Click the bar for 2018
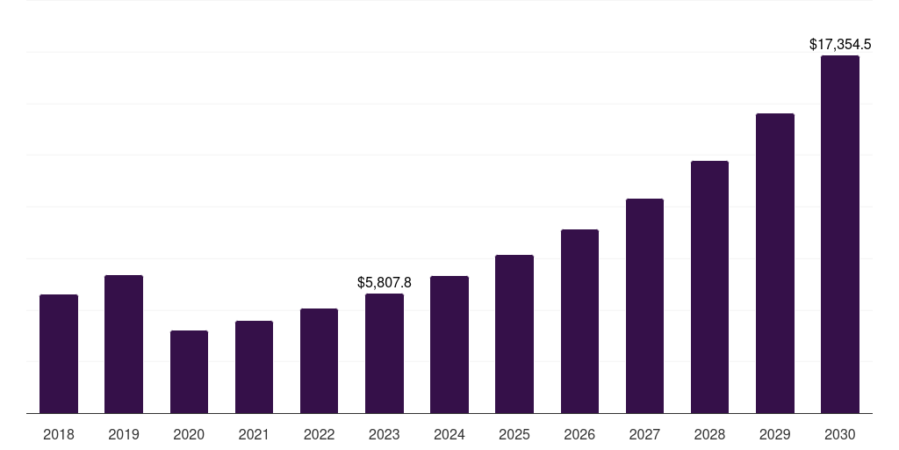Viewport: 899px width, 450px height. point(59,353)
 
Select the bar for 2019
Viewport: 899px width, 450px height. point(124,344)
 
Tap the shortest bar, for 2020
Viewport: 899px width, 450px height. point(189,372)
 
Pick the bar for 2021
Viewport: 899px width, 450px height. point(254,367)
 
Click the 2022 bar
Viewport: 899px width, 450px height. point(319,360)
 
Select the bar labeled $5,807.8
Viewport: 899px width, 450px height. point(385,353)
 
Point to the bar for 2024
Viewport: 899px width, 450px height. point(449,345)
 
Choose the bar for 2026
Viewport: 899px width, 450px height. point(579,321)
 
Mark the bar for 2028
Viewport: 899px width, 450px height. point(709,287)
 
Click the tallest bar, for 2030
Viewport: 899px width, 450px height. point(840,234)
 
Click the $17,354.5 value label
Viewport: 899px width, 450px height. point(840,43)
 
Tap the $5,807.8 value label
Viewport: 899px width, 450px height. point(385,282)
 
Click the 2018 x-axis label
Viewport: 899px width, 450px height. point(59,434)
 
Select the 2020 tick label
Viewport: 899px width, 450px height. point(189,434)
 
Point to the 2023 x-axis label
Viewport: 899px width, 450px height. point(385,434)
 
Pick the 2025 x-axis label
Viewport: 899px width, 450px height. point(514,434)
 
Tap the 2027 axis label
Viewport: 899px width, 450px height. point(644,434)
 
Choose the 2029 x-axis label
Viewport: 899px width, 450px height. point(775,434)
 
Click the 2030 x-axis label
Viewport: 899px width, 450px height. point(840,434)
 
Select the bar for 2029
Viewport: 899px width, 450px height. point(775,263)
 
